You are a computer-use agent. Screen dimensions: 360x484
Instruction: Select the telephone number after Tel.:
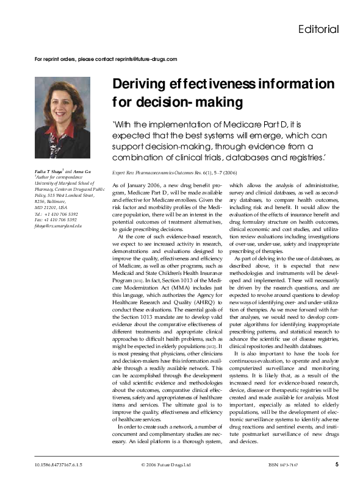coord(60,215)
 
